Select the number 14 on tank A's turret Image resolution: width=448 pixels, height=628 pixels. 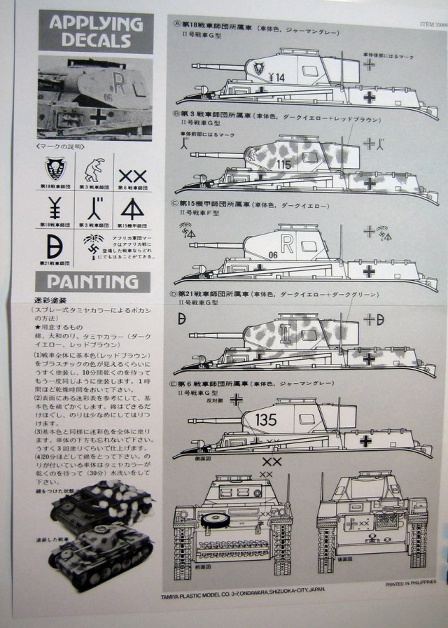click(278, 78)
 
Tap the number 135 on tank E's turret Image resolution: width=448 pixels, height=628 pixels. click(267, 421)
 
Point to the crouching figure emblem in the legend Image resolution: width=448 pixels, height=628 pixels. click(94, 168)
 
